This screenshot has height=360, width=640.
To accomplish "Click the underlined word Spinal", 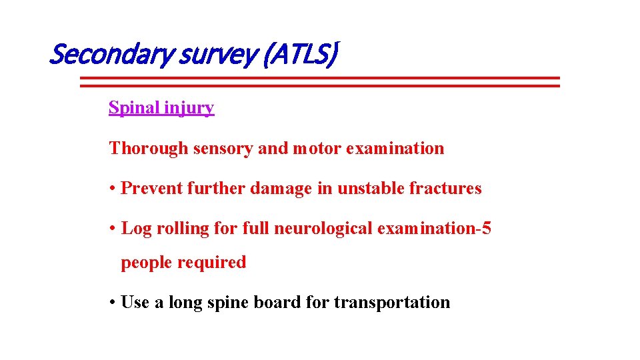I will pyautogui.click(x=131, y=107).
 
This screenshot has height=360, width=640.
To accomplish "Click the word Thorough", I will pyautogui.click(x=149, y=148).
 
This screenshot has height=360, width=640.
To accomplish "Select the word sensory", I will pyautogui.click(x=223, y=149).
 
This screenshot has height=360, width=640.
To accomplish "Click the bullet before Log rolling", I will pyautogui.click(x=113, y=229).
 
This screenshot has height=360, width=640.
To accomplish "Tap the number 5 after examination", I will pyautogui.click(x=486, y=228).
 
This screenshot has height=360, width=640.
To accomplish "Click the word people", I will pyautogui.click(x=146, y=263).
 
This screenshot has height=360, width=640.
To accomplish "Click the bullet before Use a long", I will pyautogui.click(x=113, y=303).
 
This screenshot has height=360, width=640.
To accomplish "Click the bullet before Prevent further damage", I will pyautogui.click(x=113, y=189).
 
